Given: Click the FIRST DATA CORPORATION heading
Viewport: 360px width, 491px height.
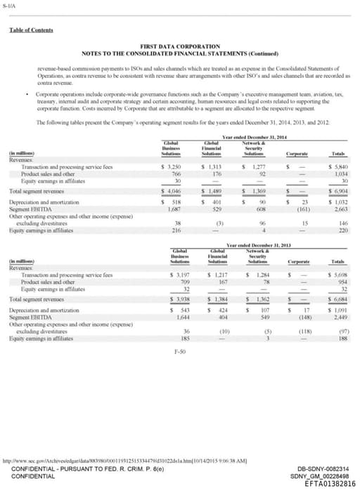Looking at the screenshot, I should tap(180, 46).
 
